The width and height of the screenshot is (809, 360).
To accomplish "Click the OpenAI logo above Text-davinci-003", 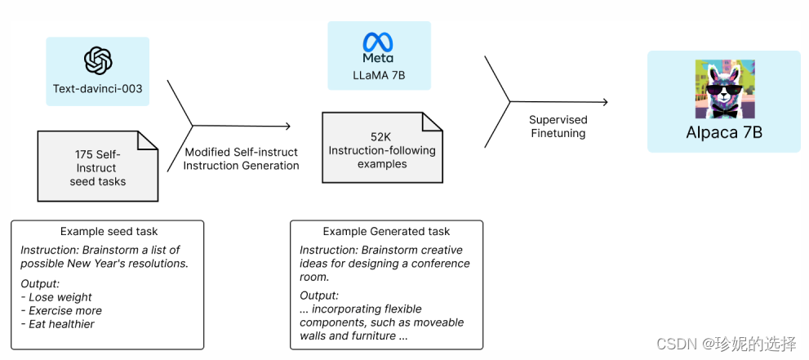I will click(98, 60).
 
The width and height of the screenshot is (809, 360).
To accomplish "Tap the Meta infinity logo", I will click(378, 43).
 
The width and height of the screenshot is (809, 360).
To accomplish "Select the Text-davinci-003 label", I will click(98, 88).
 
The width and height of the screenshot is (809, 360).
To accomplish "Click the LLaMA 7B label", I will click(378, 75).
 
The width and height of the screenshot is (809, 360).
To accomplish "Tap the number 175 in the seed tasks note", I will click(83, 153).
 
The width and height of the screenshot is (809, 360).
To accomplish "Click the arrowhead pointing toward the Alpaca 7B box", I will click(604, 102).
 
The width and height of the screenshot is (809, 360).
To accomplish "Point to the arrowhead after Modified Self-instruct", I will click(287, 126).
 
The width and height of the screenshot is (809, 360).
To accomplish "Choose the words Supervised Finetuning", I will click(558, 126).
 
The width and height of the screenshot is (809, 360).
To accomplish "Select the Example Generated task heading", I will click(386, 232).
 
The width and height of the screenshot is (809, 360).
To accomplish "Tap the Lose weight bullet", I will click(59, 297).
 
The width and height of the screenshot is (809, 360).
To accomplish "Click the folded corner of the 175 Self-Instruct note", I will click(148, 140).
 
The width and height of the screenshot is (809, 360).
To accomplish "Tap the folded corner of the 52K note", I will click(433, 122).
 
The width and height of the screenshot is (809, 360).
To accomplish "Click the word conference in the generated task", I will click(441, 264).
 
